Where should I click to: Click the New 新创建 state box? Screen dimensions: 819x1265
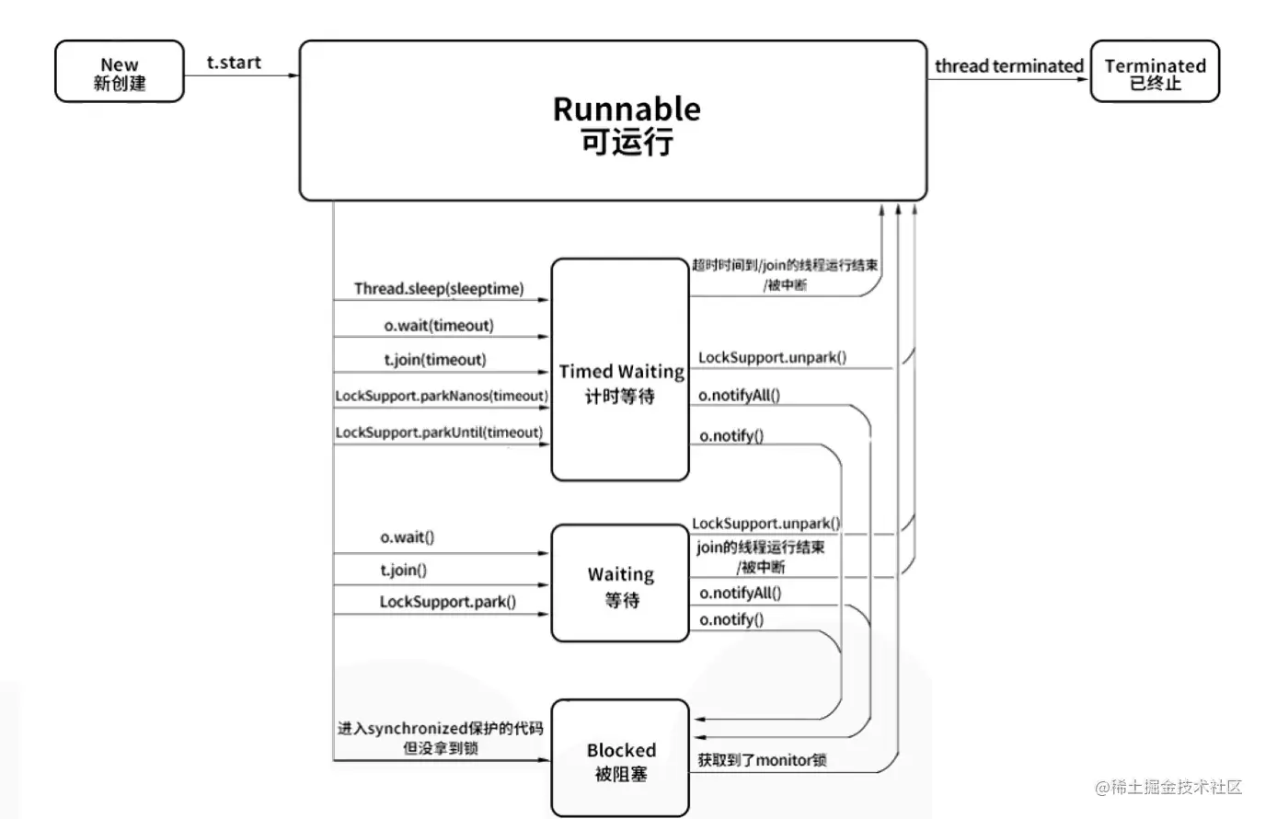119,72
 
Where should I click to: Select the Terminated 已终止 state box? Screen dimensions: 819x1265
1155,72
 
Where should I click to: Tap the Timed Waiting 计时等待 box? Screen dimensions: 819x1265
620,370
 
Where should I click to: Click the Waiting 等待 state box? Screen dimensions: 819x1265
620,583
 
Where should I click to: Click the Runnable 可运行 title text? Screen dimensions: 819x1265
626,124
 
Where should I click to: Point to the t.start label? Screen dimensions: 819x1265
234,63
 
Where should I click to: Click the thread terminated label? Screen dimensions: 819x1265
1008,66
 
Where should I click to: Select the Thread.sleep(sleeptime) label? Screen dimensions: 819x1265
439,289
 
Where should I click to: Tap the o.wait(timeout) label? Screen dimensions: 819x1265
439,326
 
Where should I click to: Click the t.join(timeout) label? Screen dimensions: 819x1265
435,360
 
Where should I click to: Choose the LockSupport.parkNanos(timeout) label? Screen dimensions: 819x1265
442,396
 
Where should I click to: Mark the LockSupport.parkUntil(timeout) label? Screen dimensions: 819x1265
439,433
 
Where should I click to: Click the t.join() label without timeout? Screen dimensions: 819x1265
404,571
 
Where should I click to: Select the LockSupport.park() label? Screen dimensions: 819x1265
447,602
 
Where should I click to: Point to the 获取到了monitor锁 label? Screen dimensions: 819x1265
762,760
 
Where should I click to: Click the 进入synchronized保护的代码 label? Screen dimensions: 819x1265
440,729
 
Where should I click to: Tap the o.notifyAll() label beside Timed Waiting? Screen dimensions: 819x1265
739,396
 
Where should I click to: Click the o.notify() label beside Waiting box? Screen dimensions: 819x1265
731,620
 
